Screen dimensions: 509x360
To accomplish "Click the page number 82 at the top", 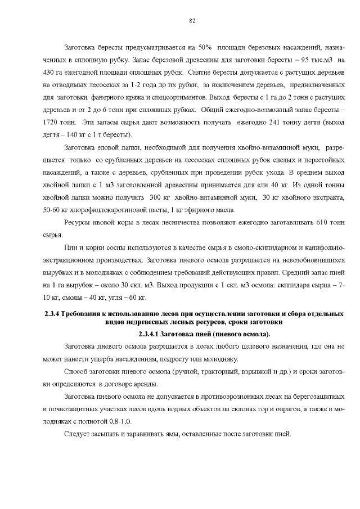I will [192, 20].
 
